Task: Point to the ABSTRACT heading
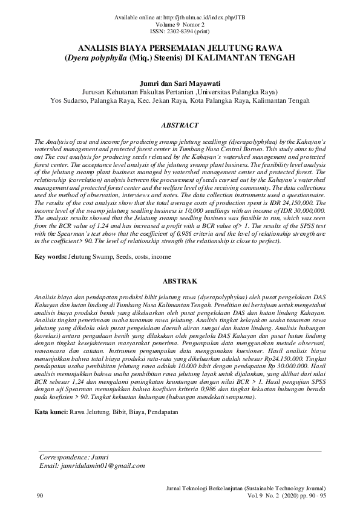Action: click(x=180, y=125)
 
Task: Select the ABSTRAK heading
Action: click(x=180, y=282)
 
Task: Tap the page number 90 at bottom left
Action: click(x=40, y=495)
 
